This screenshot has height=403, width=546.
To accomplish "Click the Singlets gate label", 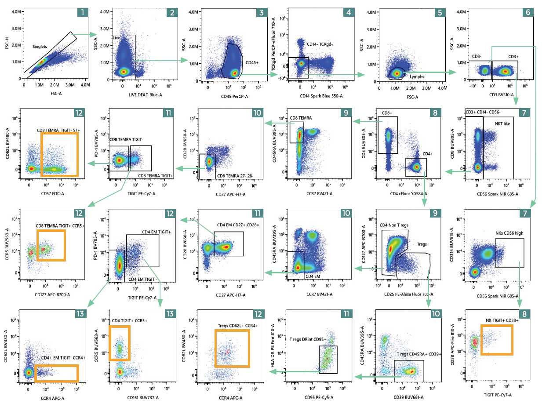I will click(x=42, y=46).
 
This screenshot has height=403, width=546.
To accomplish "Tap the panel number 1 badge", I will click(x=82, y=12).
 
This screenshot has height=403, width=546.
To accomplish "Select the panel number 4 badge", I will click(x=348, y=12).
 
